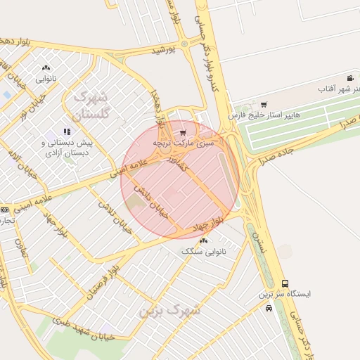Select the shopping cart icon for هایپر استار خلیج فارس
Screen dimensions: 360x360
pos(264,105)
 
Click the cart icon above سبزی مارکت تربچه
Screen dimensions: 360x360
pos(183,132)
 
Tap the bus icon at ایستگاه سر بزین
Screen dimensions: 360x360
pos(285,283)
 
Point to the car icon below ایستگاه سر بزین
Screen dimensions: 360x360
pos(269,307)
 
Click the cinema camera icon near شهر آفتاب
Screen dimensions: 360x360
pos(350,78)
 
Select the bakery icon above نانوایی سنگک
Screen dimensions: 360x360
pos(204,240)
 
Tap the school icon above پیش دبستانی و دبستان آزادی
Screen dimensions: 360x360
pos(67,131)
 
